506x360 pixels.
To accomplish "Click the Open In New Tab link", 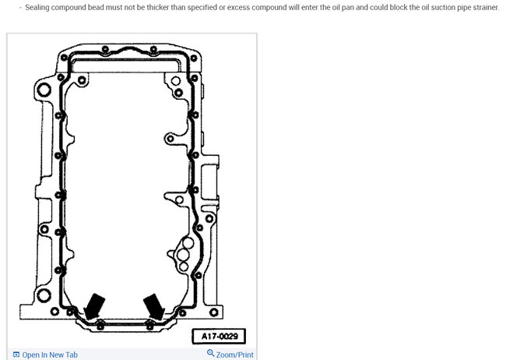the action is [50, 355].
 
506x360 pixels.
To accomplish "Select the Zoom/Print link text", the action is [234, 355].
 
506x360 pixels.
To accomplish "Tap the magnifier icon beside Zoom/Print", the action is [210, 353].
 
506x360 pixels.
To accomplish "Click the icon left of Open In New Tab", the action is [16, 355].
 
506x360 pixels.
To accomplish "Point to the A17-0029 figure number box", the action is [219, 337].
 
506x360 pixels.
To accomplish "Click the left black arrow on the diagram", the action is [94, 306].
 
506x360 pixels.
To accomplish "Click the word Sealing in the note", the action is [37, 8].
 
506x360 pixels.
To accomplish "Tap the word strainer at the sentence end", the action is [486, 8].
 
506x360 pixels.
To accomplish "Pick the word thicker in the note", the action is [158, 7].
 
